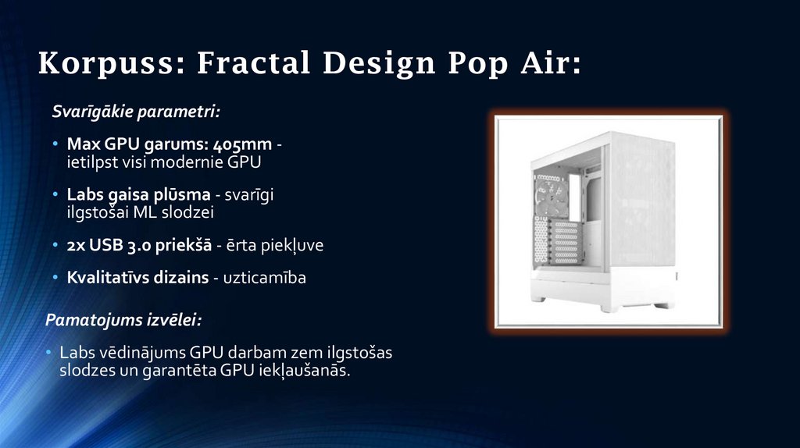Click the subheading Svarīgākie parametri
136,112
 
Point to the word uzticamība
266,278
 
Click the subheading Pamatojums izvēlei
123,321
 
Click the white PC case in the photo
607,222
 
